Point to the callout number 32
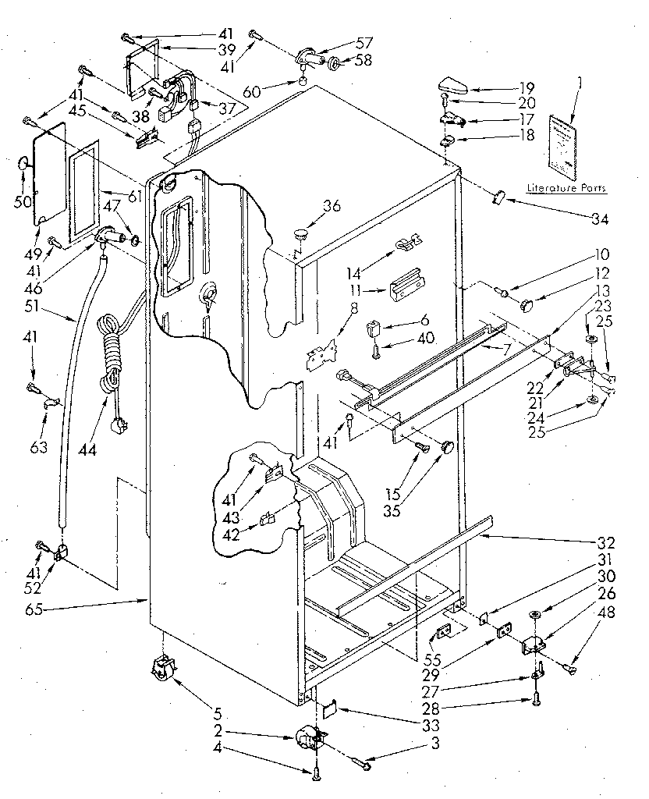pyautogui.click(x=606, y=542)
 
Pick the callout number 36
pyautogui.click(x=332, y=206)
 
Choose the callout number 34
pyautogui.click(x=598, y=218)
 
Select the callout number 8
pyautogui.click(x=332, y=308)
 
